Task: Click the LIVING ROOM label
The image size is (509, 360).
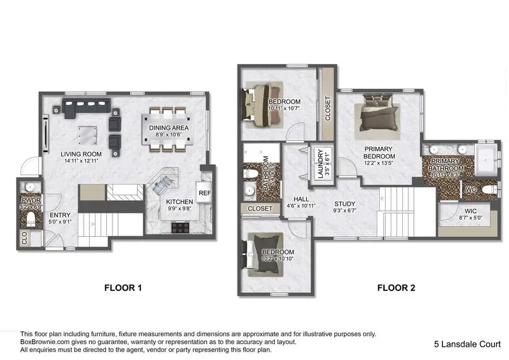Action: coord(81,154)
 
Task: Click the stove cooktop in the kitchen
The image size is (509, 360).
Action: coord(180,227)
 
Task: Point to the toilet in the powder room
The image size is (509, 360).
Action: coord(32,217)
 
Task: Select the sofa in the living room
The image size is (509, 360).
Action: coord(86,108)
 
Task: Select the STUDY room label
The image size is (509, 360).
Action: coord(344,204)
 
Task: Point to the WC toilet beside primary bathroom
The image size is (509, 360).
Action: coord(489,188)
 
